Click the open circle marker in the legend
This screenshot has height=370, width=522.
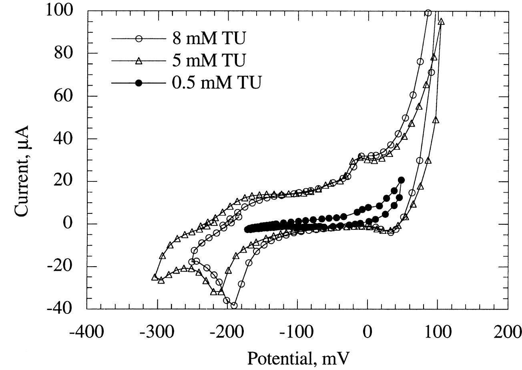(139, 39)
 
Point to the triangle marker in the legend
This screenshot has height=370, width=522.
(139, 61)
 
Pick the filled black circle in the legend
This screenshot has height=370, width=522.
(139, 83)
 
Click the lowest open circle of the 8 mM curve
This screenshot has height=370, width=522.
(234, 306)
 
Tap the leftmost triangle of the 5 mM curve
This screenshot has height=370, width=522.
(155, 277)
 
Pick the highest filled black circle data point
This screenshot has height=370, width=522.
(401, 180)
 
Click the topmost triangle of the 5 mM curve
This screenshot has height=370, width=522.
(441, 22)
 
